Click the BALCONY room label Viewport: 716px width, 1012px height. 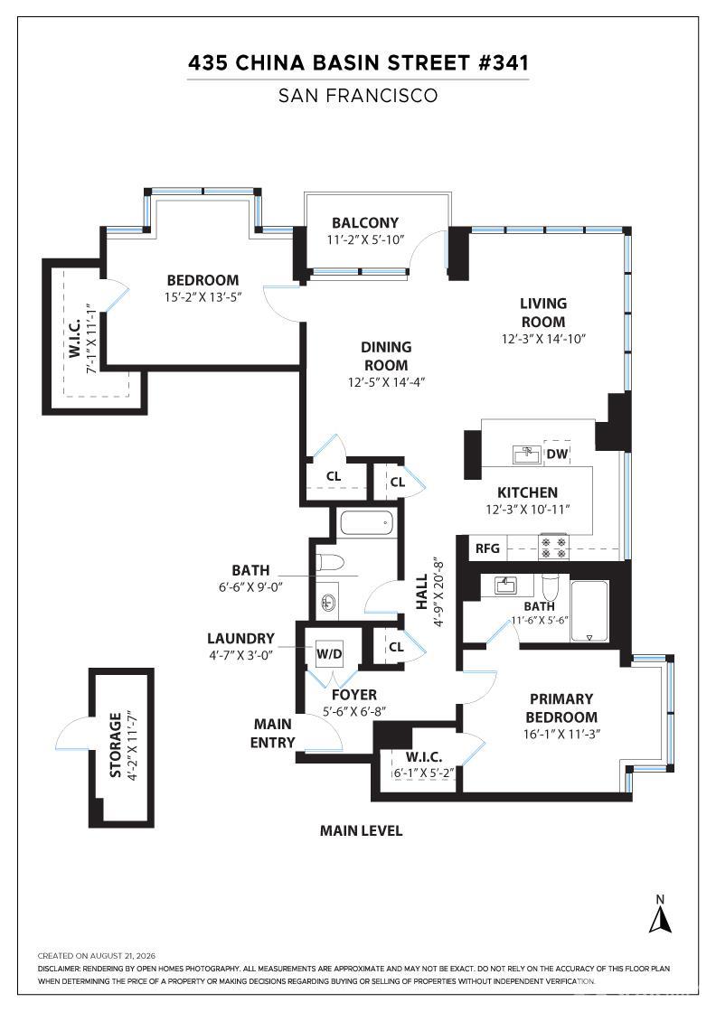(364, 222)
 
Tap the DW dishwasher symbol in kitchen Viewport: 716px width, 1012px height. (557, 453)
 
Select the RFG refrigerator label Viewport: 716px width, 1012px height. (487, 548)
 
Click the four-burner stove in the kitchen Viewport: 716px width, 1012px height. (553, 547)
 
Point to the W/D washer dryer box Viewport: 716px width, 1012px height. (329, 654)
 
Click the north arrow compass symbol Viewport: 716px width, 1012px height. (660, 916)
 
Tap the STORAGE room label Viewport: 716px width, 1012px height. (116, 745)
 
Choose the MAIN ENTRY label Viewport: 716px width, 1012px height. (272, 733)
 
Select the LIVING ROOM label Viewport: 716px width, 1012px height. (543, 313)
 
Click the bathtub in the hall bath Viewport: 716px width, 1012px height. (366, 523)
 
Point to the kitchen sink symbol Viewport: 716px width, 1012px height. (527, 454)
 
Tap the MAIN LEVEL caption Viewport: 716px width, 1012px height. (361, 830)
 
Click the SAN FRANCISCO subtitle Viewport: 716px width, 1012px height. (358, 96)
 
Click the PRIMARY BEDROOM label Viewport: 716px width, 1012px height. (561, 708)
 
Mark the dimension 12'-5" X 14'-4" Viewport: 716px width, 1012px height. (386, 382)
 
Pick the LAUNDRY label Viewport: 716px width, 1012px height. (240, 638)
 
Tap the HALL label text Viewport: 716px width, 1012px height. (421, 591)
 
